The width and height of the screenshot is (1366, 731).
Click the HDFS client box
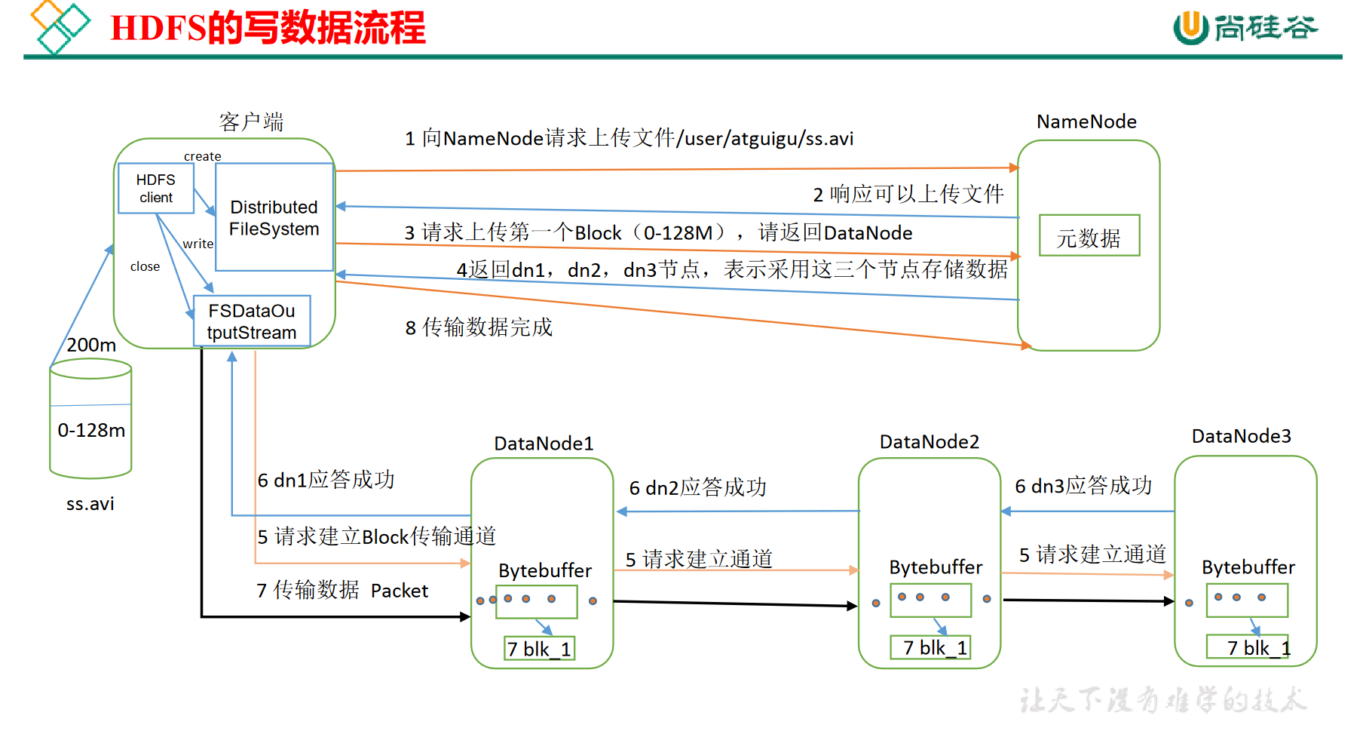point(156,189)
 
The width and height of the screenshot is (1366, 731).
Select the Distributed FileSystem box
point(274,217)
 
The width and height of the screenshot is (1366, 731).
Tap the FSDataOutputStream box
point(252,321)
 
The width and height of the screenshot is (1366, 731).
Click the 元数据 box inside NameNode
point(1089,236)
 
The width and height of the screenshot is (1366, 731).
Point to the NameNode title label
point(1086,121)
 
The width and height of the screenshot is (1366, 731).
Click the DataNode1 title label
point(544,444)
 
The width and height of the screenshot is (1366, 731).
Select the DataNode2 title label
point(930,442)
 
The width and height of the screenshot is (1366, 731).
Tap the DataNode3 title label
point(1241,436)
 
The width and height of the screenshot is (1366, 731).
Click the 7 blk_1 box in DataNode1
point(539,649)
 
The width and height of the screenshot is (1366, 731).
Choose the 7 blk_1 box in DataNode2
point(930,647)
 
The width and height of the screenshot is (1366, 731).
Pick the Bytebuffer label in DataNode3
point(1248,567)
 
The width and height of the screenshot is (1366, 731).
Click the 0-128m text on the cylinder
point(91,430)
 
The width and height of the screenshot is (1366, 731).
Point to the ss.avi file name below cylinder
point(90,504)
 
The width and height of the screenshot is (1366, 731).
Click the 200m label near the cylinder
point(91,345)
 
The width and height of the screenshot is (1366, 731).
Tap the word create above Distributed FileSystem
point(202,156)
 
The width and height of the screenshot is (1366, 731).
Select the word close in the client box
point(145,266)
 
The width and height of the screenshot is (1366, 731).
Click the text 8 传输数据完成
point(479,327)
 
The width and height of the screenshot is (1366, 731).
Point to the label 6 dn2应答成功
point(697,487)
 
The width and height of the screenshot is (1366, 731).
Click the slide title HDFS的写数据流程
point(268,28)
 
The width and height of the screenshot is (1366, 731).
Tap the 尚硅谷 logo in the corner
point(1245,28)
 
